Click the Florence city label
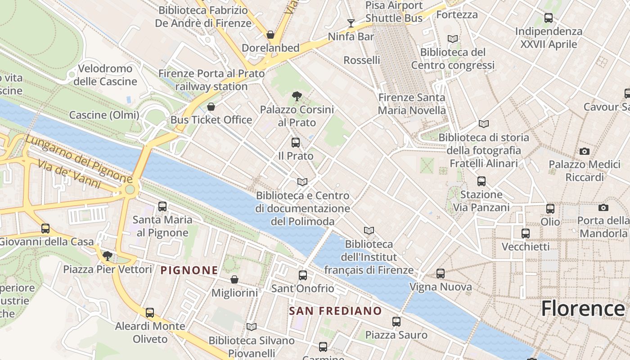583,309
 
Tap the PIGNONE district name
189,270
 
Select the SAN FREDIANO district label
335,311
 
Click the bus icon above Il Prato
296,143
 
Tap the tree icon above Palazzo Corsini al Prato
297,96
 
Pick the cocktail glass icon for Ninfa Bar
351,23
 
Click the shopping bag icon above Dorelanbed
270,35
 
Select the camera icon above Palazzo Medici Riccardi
585,151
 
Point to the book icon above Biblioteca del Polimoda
302,182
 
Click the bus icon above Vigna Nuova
441,273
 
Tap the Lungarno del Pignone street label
79,159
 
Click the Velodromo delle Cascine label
105,75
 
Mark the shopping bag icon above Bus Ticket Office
211,107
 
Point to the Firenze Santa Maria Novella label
412,104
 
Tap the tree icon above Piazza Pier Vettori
107,256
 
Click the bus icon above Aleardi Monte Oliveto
150,313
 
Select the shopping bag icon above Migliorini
234,279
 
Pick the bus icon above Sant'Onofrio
303,275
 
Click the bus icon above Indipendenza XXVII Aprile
549,18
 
